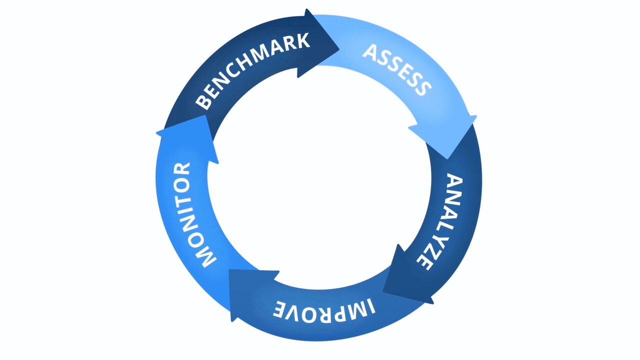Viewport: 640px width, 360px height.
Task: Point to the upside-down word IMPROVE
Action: (x=324, y=308)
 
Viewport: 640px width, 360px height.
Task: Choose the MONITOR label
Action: (x=188, y=215)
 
